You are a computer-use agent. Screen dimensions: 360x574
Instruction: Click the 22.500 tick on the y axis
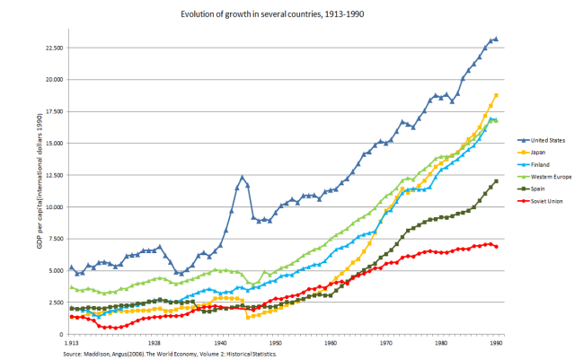tap(53, 47)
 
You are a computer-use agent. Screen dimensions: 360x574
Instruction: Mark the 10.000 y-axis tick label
tap(53, 207)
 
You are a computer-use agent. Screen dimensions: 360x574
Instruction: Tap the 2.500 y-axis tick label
tap(55, 303)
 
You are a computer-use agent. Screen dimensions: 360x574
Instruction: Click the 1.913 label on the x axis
tap(71, 343)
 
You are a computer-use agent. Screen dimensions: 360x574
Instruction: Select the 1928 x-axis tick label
tap(155, 343)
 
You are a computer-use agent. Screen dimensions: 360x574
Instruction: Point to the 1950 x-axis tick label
tap(276, 343)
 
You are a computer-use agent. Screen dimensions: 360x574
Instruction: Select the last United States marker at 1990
tap(496, 39)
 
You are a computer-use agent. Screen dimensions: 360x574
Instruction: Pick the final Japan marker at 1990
tap(496, 95)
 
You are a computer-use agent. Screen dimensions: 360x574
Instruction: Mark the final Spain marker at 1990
tap(496, 180)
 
